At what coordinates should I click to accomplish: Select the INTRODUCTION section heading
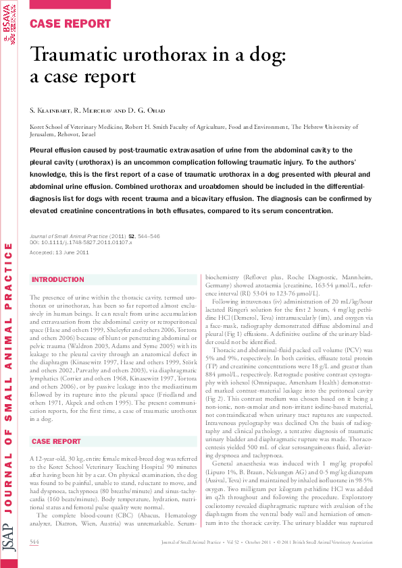tap(58, 279)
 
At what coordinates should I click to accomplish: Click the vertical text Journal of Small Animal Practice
tap(9, 385)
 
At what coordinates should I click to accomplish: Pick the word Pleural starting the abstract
tap(45, 150)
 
